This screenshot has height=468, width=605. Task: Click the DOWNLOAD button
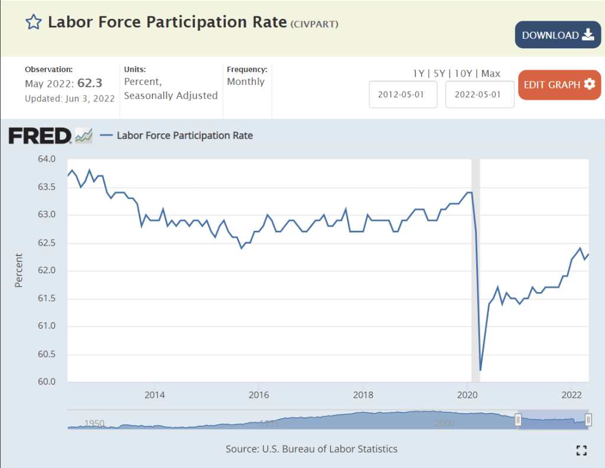[558, 35]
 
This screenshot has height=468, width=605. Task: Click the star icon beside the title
[34, 22]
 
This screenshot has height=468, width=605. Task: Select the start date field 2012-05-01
[403, 94]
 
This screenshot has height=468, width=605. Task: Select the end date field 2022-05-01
[479, 94]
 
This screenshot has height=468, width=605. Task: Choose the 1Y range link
[418, 73]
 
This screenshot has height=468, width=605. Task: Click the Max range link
[491, 73]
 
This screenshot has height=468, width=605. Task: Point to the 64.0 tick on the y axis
[47, 159]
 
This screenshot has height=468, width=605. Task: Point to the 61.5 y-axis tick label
[47, 299]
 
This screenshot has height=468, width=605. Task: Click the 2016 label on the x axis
[258, 394]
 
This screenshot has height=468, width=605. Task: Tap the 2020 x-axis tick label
[467, 394]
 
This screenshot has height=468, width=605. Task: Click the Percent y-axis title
[18, 270]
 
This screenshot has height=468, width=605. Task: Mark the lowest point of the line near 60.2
[480, 370]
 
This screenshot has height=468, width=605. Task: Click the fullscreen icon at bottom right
[581, 450]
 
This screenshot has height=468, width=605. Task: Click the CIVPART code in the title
[314, 24]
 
